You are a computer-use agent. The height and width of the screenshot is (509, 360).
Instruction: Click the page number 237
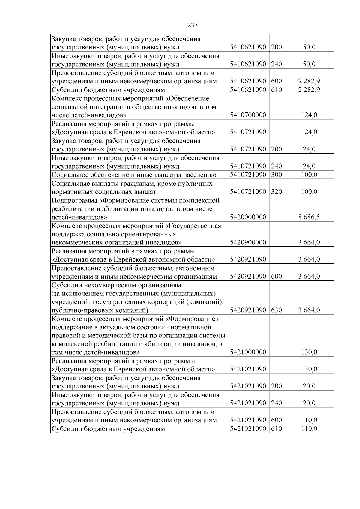tap(193, 25)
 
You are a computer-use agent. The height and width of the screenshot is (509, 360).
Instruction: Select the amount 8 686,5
tap(309, 217)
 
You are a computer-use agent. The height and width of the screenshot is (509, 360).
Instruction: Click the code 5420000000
tap(248, 217)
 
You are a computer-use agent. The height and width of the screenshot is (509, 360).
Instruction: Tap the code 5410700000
tap(248, 115)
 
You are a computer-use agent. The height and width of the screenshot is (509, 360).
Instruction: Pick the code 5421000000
tap(248, 352)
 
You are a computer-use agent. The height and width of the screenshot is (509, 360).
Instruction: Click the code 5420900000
tap(248, 242)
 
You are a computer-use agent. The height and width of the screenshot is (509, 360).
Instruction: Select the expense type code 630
tap(276, 310)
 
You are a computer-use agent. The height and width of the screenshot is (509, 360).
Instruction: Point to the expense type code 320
tap(276, 192)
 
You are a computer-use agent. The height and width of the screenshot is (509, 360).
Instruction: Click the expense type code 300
tap(276, 175)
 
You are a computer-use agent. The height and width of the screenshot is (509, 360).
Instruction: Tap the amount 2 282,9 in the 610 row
tap(309, 90)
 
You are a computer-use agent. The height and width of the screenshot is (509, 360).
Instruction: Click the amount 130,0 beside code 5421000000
tap(309, 352)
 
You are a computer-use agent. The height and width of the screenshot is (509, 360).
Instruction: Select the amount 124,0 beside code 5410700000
tap(309, 115)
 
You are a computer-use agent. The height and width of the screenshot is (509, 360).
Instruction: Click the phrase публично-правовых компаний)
tap(100, 310)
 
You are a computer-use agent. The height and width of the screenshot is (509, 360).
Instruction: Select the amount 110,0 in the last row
tap(309, 429)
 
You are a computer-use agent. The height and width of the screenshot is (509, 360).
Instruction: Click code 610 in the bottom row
tap(276, 429)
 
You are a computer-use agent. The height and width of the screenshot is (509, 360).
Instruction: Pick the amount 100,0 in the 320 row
tap(309, 192)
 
